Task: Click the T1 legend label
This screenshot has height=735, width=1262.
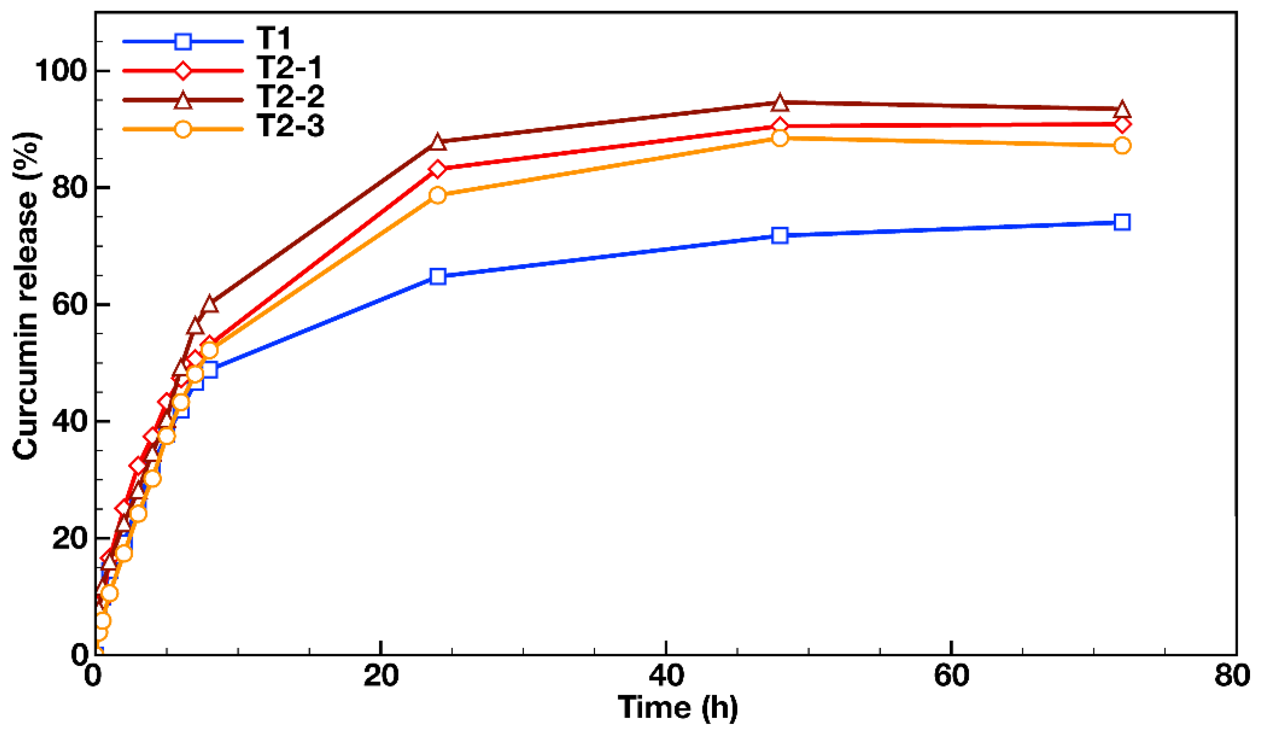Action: point(273,38)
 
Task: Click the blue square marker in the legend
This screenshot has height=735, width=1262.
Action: point(183,41)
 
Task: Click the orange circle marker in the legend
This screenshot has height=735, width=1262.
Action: point(183,129)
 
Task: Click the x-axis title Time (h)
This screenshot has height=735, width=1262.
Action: point(677,708)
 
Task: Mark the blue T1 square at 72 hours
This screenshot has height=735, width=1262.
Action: point(1122,222)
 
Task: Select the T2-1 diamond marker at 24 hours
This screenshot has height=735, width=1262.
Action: point(438,169)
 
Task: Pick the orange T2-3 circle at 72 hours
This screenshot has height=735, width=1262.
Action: point(1122,146)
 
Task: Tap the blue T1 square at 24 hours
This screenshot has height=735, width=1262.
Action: point(438,277)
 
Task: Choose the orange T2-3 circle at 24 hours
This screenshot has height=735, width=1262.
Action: point(438,195)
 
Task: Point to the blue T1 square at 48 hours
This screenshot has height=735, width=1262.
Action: point(780,235)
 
